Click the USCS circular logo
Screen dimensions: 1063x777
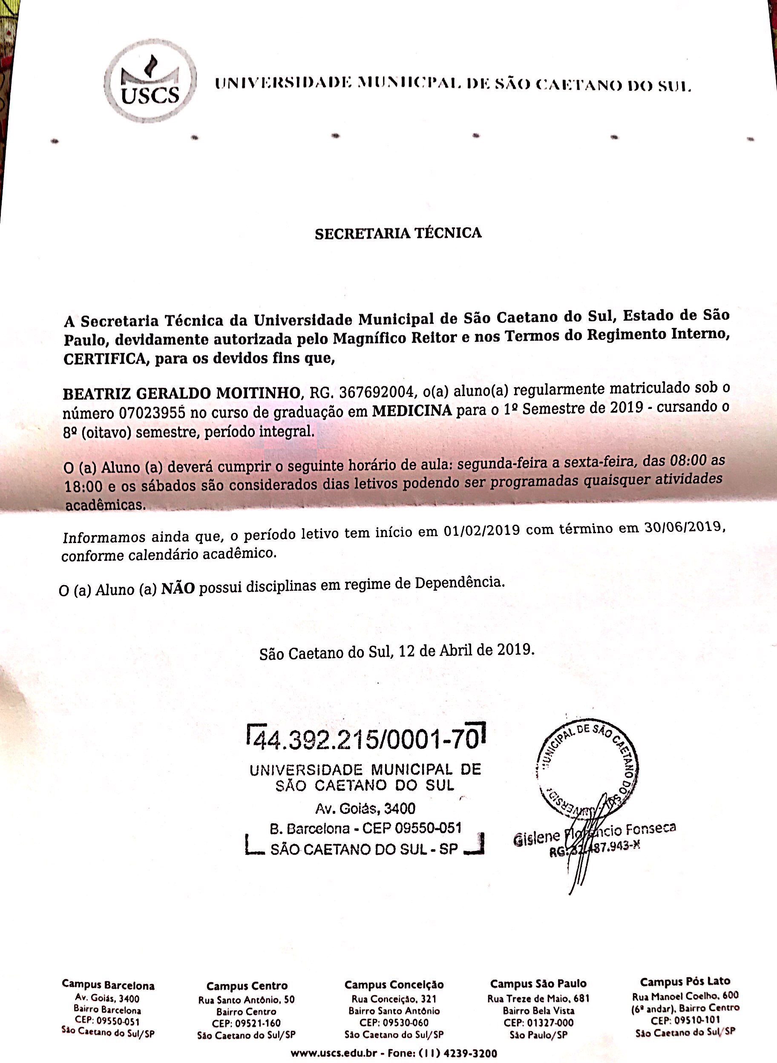click(x=149, y=80)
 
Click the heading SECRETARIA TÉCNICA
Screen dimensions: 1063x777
click(x=398, y=233)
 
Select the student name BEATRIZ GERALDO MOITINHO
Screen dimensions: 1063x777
click(x=181, y=393)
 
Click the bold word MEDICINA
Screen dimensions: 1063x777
click(x=412, y=411)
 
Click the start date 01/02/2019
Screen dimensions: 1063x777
click(x=481, y=531)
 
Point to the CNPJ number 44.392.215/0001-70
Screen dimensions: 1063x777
click(x=365, y=741)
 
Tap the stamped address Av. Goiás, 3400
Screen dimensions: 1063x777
click(x=365, y=809)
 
